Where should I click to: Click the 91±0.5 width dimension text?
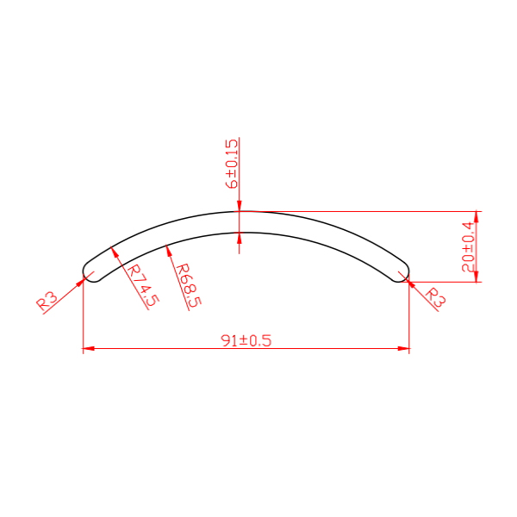246,340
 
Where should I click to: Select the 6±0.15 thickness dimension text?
232,164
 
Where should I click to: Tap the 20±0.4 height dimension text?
468,246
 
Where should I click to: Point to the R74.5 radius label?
143,285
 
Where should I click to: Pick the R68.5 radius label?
188,285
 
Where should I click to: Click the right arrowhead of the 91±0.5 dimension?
403,348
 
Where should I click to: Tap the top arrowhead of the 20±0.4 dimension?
477,217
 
